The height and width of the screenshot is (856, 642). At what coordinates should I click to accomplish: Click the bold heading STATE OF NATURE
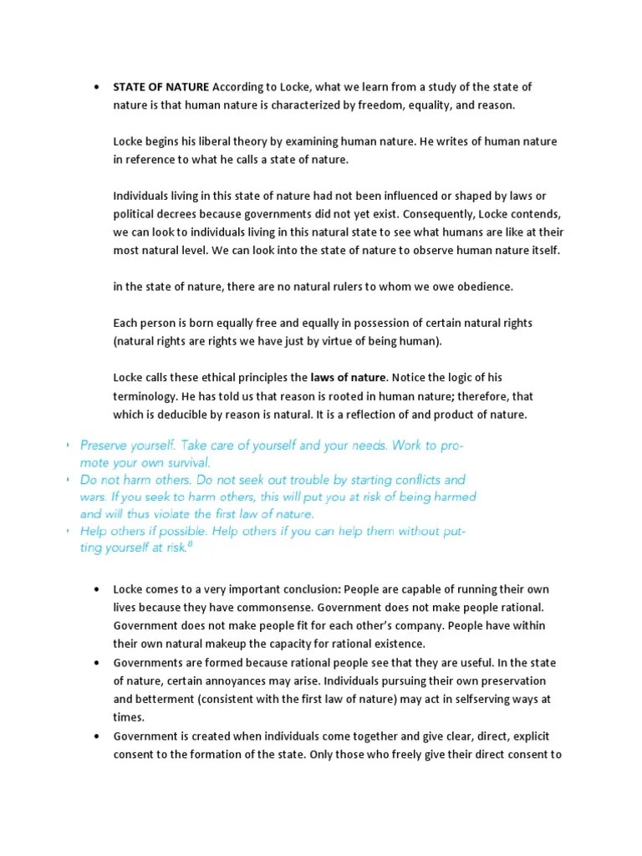(x=161, y=87)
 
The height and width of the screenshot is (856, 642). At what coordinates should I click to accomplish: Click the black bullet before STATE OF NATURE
(x=98, y=88)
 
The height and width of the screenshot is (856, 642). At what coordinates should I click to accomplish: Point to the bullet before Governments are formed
(x=98, y=663)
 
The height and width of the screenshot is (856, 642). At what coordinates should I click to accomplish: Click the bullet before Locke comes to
(x=98, y=590)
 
